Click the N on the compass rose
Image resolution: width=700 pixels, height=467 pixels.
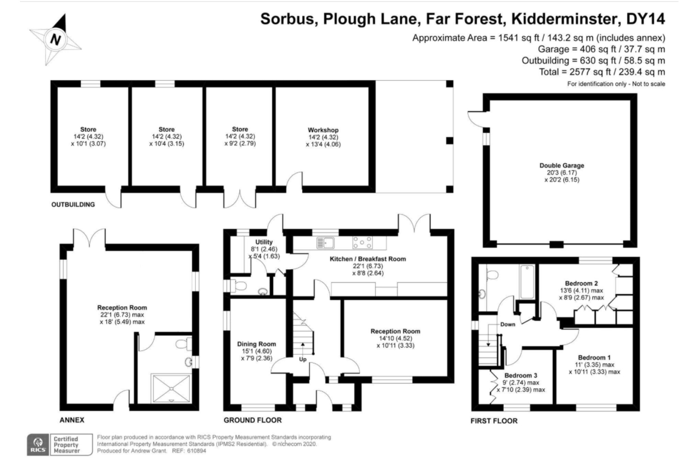pyautogui.click(x=55, y=39)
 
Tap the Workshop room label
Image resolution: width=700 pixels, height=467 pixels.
pyautogui.click(x=323, y=130)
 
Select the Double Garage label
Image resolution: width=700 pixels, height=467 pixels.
pyautogui.click(x=562, y=165)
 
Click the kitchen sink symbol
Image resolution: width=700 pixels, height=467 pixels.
pyautogui.click(x=326, y=243)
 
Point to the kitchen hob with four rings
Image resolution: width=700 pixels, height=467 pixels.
pyautogui.click(x=362, y=243)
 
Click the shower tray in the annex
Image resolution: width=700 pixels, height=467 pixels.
pyautogui.click(x=171, y=388)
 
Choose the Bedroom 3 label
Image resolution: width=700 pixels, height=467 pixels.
pyautogui.click(x=521, y=375)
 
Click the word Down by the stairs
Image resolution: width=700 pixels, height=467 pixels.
pyautogui.click(x=508, y=324)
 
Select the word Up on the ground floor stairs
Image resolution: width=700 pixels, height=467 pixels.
pyautogui.click(x=303, y=359)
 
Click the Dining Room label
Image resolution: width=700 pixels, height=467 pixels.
pyautogui.click(x=257, y=344)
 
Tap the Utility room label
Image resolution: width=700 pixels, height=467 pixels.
pyautogui.click(x=264, y=242)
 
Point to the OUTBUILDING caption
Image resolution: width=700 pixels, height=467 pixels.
pyautogui.click(x=73, y=205)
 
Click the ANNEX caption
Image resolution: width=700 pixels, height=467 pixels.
pyautogui.click(x=72, y=420)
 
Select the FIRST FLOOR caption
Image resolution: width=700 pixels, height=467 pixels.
pyautogui.click(x=494, y=421)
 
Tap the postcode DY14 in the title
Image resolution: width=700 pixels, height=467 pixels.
pyautogui.click(x=645, y=19)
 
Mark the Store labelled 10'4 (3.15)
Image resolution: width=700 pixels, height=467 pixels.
pyautogui.click(x=167, y=136)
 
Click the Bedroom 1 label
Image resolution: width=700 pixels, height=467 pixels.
pyautogui.click(x=594, y=358)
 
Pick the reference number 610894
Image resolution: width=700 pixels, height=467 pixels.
pyautogui.click(x=197, y=451)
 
